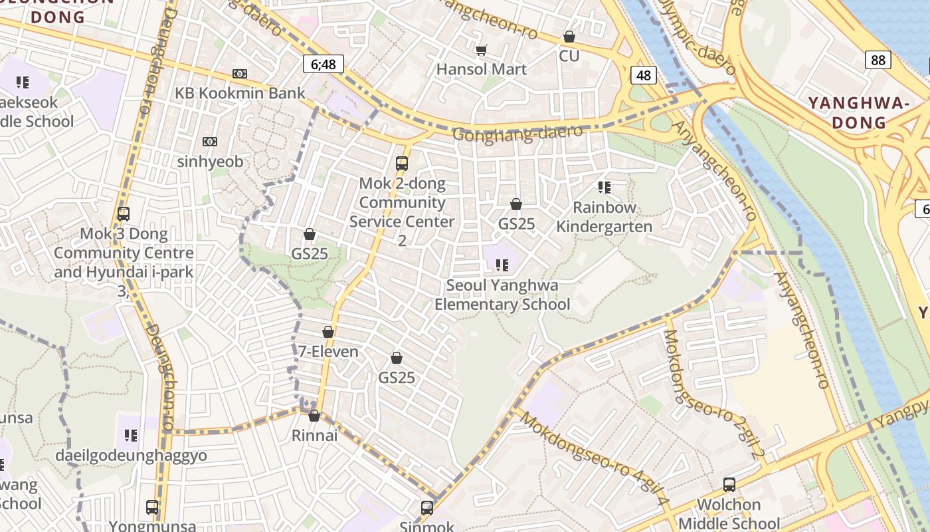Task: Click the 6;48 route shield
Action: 324,64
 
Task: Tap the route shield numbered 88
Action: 878,60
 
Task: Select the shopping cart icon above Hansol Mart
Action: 482,50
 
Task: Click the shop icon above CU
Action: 569,37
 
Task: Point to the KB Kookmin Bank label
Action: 240,93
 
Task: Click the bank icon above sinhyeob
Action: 210,142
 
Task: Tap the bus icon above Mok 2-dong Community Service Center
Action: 401,163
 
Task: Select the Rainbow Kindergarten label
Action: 604,217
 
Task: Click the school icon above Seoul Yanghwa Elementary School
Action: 502,265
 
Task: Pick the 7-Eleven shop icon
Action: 327,332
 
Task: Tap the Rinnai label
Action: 315,436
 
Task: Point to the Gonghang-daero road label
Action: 517,133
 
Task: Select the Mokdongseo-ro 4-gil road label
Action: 593,459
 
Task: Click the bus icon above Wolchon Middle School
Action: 729,484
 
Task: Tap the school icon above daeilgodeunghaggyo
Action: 131,436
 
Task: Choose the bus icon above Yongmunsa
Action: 152,507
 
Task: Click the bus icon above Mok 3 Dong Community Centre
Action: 123,214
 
